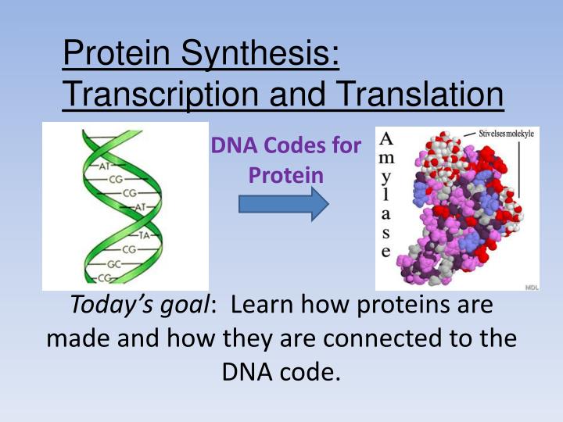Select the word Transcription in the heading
tap(160, 94)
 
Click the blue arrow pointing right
tap(284, 204)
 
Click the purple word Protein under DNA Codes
tap(286, 176)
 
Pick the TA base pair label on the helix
tap(144, 235)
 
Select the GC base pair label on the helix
tap(114, 264)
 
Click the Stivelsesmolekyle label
tap(506, 134)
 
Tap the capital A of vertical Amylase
tap(386, 139)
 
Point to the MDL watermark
tap(532, 287)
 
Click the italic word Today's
tap(112, 305)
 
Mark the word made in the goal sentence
tap(79, 338)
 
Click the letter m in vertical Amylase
tap(386, 158)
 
